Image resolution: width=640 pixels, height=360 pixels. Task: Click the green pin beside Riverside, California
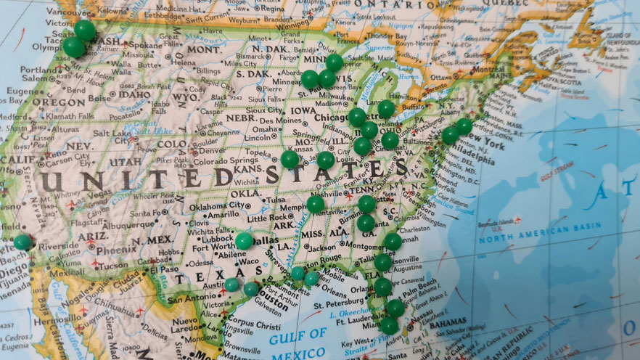(22, 241)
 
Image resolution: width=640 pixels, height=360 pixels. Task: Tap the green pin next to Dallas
(244, 240)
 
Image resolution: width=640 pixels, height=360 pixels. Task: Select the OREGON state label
(38, 102)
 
